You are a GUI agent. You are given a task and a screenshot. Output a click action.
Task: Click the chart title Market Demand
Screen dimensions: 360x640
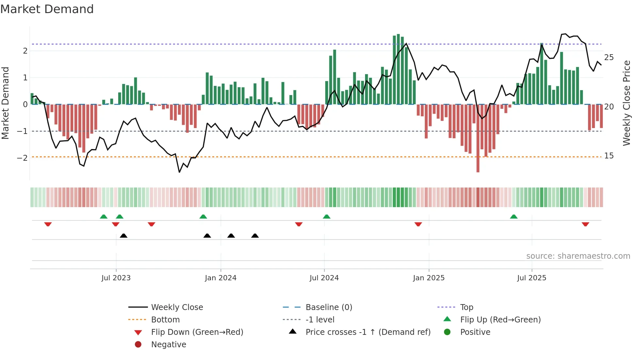click(47, 9)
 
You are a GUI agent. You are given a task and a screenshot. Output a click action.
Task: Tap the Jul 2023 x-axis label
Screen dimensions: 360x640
click(116, 278)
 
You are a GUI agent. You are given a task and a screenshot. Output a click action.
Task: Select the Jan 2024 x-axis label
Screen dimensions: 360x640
click(220, 278)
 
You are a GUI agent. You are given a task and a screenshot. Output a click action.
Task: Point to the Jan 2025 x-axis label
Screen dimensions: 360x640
click(428, 278)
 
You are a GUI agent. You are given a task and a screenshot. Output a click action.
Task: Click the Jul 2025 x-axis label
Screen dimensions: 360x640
click(532, 278)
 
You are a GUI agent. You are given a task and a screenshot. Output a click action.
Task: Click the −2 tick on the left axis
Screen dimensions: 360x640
click(22, 158)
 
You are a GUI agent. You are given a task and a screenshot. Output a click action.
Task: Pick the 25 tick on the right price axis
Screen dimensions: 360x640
click(609, 57)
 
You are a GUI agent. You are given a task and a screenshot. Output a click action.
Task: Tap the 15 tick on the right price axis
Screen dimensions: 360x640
click(609, 156)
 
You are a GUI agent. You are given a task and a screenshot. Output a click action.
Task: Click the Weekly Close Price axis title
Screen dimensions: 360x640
click(626, 103)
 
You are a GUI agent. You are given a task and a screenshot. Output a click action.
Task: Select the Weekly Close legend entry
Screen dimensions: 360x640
click(177, 307)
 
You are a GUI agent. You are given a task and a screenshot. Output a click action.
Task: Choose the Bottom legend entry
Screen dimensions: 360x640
click(165, 320)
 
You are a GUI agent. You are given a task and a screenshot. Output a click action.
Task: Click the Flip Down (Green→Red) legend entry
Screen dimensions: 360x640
click(197, 332)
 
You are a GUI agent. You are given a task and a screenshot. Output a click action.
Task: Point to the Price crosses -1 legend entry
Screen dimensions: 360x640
click(368, 332)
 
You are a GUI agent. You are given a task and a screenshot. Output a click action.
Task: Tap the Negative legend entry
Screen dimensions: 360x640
click(168, 345)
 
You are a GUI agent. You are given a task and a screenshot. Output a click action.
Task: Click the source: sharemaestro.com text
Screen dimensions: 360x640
click(578, 256)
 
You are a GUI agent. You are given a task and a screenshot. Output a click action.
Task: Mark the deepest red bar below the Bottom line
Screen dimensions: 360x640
click(478, 163)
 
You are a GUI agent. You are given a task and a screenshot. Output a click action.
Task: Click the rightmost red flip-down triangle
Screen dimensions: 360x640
click(585, 224)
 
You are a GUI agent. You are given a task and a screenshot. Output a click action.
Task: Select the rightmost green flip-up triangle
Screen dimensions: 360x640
click(514, 217)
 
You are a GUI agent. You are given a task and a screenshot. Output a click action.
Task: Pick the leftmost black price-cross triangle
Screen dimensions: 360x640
click(123, 236)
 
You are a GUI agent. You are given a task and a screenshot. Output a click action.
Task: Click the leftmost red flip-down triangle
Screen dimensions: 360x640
click(48, 224)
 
